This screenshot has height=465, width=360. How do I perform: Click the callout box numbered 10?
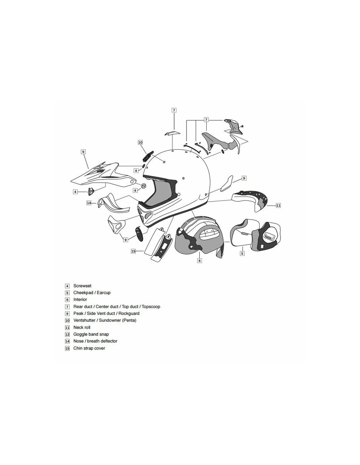(x=140, y=142)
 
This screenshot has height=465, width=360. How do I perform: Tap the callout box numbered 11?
(x=278, y=205)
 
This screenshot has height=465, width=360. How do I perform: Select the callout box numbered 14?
(x=89, y=203)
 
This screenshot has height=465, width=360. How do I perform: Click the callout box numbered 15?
(x=134, y=251)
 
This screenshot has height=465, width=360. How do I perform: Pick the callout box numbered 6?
(x=199, y=261)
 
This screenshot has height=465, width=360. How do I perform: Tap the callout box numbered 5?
(x=242, y=253)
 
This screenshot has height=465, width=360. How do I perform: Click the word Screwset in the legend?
(x=82, y=286)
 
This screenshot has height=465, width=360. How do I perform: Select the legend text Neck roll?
(x=82, y=327)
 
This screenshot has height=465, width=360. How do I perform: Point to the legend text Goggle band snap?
(x=91, y=334)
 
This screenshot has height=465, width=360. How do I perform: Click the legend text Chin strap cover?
(x=89, y=348)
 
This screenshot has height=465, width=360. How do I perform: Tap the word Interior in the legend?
(x=80, y=300)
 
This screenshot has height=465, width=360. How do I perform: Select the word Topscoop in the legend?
(x=151, y=307)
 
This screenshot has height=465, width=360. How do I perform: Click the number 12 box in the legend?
(x=67, y=335)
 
